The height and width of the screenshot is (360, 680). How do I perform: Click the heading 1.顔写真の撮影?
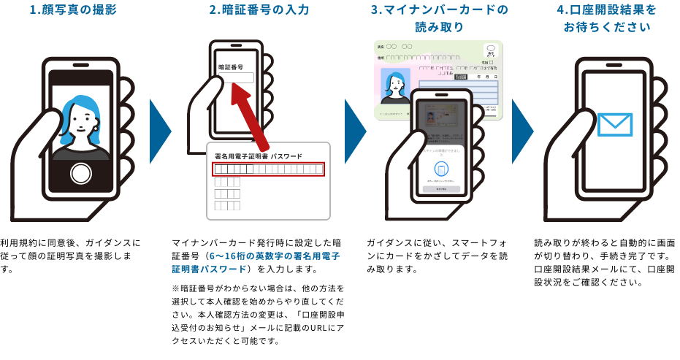click(72, 10)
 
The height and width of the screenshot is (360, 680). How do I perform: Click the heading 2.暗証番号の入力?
click(259, 10)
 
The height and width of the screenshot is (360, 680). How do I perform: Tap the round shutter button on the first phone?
click(80, 174)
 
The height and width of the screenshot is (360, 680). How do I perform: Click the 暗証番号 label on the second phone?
click(231, 66)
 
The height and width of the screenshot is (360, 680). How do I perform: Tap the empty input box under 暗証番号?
click(236, 77)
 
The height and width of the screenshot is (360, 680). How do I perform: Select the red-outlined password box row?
click(268, 169)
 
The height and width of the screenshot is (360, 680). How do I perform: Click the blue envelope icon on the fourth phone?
click(614, 124)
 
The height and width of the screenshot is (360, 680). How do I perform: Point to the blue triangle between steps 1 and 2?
click(159, 131)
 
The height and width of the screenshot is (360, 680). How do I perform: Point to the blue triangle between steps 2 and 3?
click(354, 131)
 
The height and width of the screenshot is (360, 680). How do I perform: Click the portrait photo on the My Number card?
click(395, 86)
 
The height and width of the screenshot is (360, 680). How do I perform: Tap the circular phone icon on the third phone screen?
click(441, 169)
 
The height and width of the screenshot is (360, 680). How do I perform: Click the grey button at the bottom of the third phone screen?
click(441, 189)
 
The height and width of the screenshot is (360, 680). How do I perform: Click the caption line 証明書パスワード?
click(209, 269)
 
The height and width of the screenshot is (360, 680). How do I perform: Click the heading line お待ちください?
click(606, 28)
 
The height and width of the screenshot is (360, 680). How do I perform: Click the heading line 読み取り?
click(439, 28)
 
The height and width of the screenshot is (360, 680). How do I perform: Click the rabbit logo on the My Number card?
click(490, 51)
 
